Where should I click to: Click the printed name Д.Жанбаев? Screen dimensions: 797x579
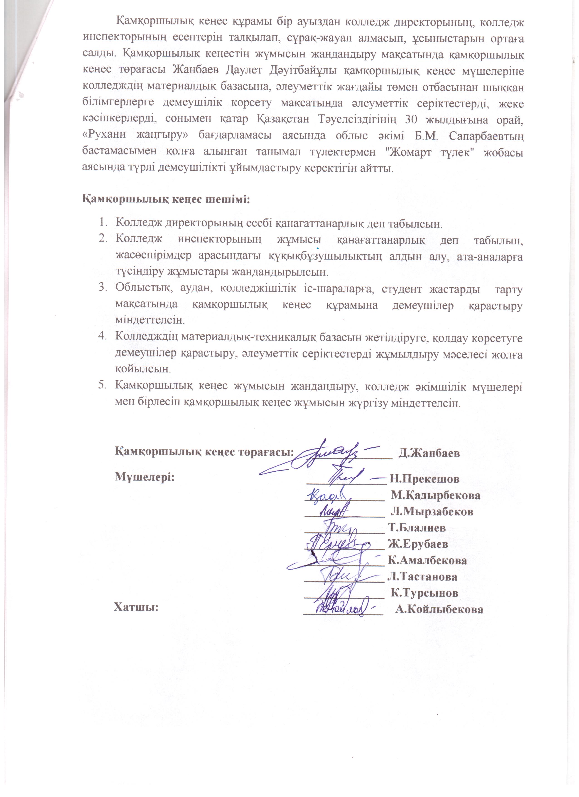pos(429,453)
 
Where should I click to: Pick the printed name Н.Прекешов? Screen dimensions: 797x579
pos(424,479)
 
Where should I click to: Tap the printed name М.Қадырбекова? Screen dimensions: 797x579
pos(436,495)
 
